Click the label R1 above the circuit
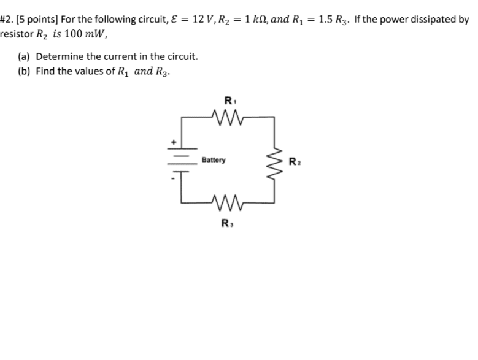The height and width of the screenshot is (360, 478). point(229,99)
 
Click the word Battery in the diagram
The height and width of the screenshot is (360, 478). point(214,161)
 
